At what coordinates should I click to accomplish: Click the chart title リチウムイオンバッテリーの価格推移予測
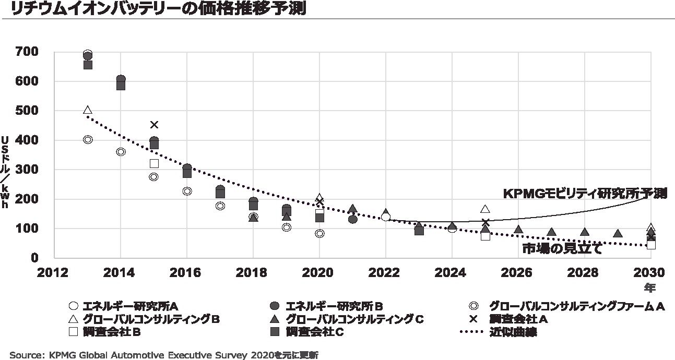[157, 9]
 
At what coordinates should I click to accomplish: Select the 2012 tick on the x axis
[54, 273]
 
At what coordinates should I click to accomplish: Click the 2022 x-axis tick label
[385, 273]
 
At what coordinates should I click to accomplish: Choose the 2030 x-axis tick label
[649, 273]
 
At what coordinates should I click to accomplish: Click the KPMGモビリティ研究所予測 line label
[585, 194]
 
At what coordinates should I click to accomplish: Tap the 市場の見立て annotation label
[562, 249]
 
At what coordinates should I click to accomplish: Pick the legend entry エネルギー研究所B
[335, 306]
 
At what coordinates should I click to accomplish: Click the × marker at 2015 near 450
[154, 125]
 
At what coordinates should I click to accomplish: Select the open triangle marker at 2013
[88, 110]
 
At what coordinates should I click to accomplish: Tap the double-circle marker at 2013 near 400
[88, 139]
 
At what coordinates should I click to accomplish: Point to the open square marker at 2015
[154, 163]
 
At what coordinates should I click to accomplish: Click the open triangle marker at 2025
[485, 209]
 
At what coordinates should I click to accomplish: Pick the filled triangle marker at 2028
[584, 232]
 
